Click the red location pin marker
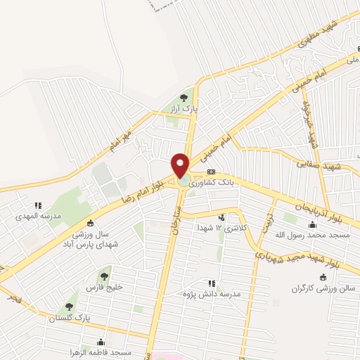181,166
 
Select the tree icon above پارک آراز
184,98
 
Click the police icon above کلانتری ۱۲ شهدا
222,217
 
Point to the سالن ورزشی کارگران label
321,289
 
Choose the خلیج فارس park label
104,288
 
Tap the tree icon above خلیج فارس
105,276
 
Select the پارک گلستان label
66,319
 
